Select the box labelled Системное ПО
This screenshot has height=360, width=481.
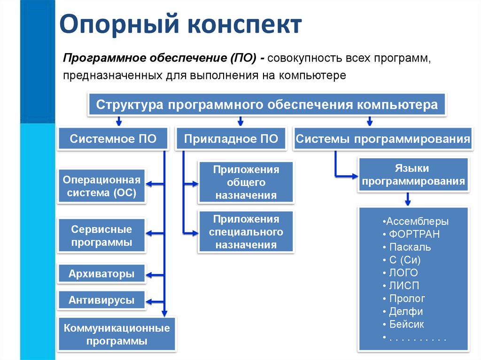(x=113, y=138)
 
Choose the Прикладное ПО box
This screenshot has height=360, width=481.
(x=231, y=138)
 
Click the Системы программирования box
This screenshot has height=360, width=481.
(x=383, y=138)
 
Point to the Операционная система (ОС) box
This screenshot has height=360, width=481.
(x=102, y=186)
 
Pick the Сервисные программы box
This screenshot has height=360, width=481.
(x=102, y=236)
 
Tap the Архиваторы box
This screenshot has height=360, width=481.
(x=101, y=274)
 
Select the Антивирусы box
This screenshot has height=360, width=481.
(x=101, y=300)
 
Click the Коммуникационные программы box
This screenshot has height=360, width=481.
(x=116, y=334)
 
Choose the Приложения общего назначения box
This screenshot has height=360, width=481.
(x=246, y=183)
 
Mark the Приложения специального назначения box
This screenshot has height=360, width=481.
(x=246, y=232)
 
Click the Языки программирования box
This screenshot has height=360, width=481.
(x=413, y=175)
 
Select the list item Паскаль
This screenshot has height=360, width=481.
(x=410, y=247)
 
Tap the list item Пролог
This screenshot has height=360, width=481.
(x=407, y=299)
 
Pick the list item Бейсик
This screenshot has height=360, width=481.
(x=406, y=324)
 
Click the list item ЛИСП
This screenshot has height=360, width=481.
(x=404, y=285)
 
